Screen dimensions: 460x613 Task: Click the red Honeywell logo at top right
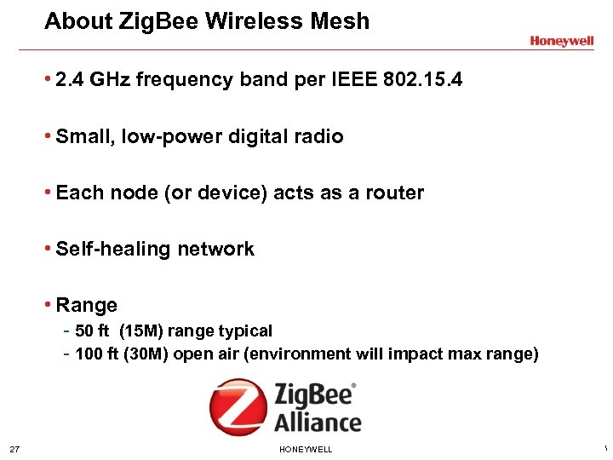tap(561, 41)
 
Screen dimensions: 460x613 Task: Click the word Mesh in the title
tap(341, 21)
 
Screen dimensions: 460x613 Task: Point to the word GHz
tap(120, 80)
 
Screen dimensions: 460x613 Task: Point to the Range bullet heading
tap(86, 305)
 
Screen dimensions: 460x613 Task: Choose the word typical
tap(244, 331)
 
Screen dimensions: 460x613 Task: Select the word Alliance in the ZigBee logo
tap(318, 422)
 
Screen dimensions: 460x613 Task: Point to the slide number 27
tap(14, 449)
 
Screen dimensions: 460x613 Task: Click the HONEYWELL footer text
tap(306, 449)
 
